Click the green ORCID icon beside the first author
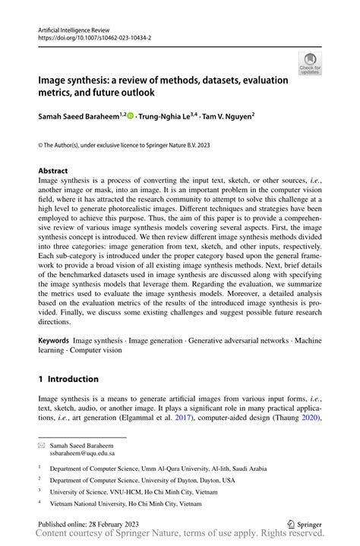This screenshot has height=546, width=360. tap(130, 115)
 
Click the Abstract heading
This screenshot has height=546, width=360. tap(53, 171)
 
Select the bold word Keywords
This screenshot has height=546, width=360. tap(53, 341)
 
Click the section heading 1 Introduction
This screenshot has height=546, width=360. tap(69, 379)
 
